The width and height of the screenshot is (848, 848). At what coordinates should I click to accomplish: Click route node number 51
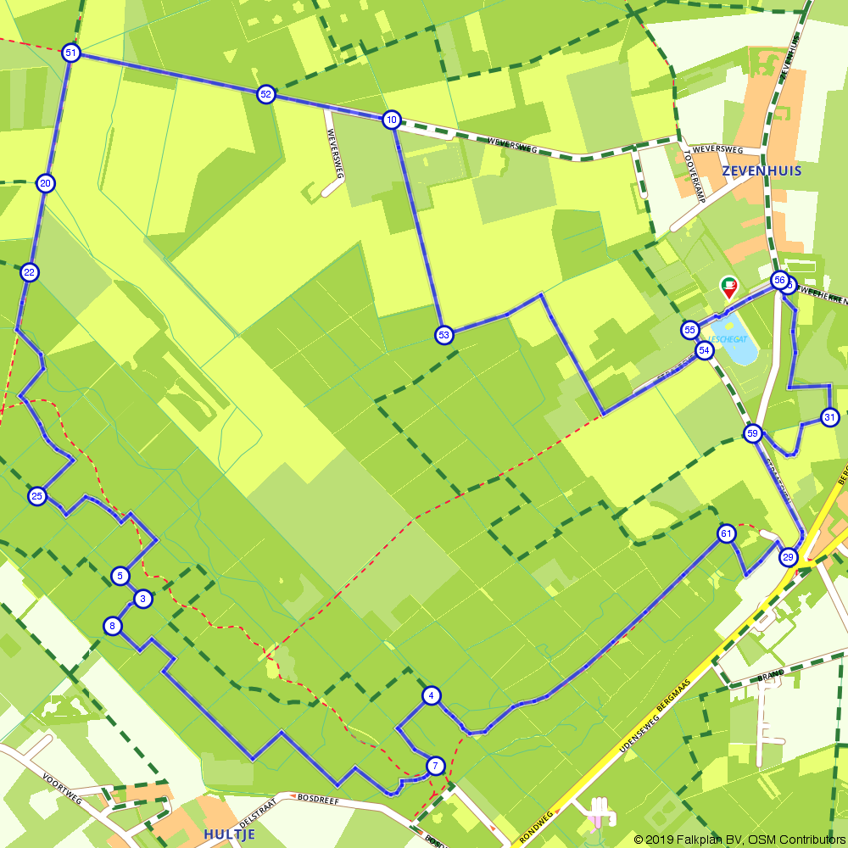70,53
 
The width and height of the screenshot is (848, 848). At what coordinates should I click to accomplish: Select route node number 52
266,94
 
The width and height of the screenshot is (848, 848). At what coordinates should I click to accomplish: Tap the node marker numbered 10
391,120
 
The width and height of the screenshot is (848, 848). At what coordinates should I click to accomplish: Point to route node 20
46,183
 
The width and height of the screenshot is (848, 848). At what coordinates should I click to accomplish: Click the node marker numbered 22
30,272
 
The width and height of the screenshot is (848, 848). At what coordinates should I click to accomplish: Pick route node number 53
444,335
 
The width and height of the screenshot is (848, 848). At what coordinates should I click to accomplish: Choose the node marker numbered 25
36,496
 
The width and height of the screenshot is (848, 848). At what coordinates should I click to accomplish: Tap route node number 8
112,627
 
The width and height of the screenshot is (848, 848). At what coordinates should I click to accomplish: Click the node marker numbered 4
432,696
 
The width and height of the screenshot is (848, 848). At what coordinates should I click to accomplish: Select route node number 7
435,766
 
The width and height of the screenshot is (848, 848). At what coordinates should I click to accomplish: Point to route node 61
726,533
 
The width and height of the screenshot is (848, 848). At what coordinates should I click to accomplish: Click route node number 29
789,557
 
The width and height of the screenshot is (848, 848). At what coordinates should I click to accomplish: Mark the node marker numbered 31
830,416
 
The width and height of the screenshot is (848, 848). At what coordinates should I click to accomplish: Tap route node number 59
752,434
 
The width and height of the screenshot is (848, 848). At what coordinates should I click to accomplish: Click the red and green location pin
728,287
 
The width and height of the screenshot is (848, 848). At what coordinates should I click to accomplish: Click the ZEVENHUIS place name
762,170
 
